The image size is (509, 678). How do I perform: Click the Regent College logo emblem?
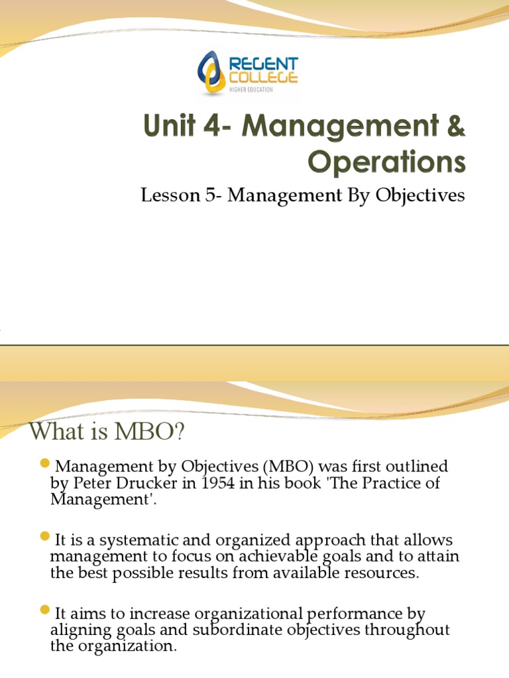213,73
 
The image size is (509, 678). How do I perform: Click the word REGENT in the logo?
264,64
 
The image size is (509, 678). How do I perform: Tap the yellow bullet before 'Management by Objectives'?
45,461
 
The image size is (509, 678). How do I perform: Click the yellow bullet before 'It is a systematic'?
45,535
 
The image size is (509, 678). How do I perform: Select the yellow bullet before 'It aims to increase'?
45,608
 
